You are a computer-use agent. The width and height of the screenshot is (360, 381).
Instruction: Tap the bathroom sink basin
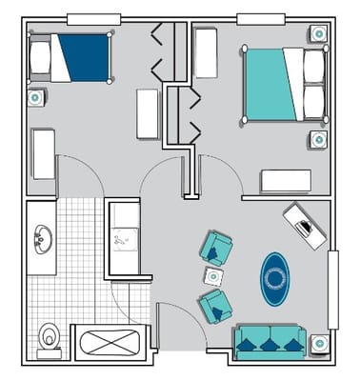[41, 238]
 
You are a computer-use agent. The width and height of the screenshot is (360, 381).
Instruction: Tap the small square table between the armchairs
[213, 277]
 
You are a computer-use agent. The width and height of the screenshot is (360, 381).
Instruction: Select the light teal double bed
[276, 85]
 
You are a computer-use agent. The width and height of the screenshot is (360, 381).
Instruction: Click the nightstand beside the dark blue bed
[36, 96]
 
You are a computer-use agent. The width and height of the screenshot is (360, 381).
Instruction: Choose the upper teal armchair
[216, 249]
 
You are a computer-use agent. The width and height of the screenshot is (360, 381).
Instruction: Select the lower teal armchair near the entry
[216, 307]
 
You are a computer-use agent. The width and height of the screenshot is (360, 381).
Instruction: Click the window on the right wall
[333, 290]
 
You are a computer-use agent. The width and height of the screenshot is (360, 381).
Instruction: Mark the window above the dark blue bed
[93, 19]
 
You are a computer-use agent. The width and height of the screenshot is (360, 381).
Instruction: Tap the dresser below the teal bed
[287, 181]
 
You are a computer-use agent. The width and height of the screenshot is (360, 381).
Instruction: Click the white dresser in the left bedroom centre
[148, 113]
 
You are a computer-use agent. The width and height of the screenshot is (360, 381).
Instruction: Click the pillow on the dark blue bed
[41, 58]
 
